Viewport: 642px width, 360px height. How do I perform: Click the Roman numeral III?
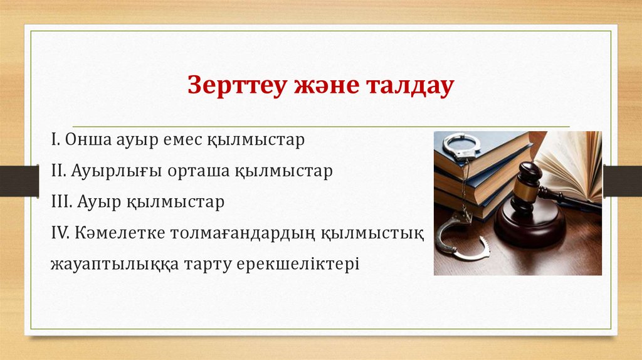pos(60,203)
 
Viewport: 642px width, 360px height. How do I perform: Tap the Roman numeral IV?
pos(61,233)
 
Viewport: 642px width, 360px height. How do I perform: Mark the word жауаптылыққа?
pos(112,263)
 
